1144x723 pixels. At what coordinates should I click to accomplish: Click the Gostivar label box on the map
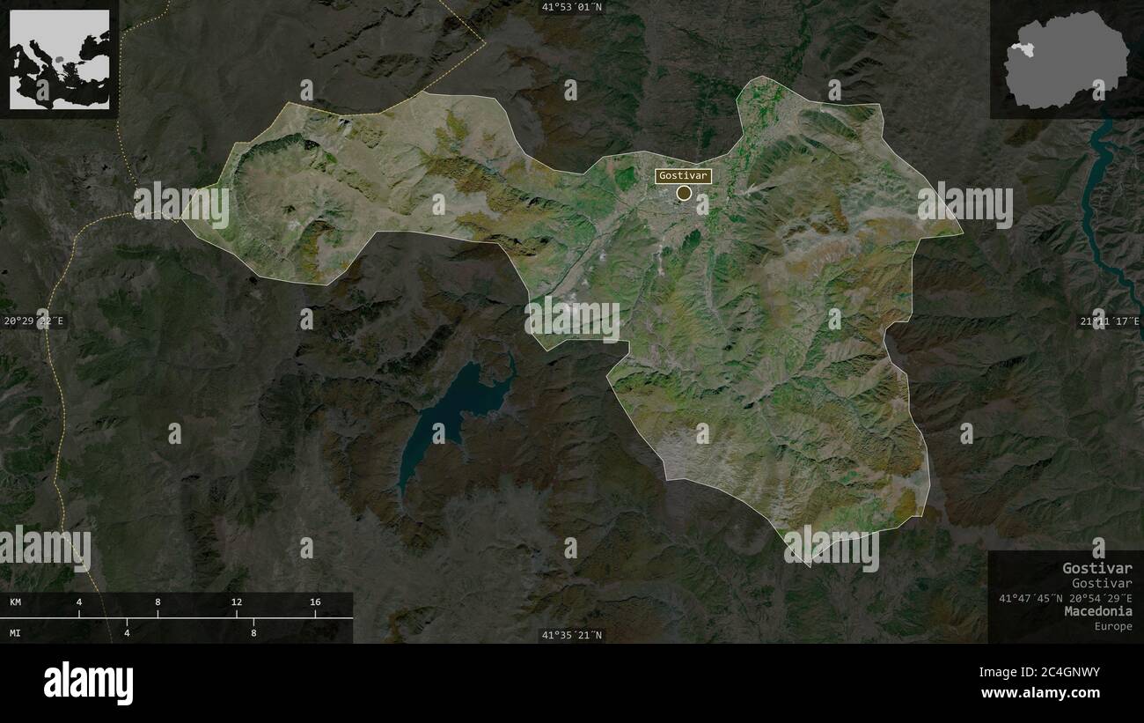click(x=683, y=175)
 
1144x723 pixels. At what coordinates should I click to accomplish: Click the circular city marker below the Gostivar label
click(x=684, y=193)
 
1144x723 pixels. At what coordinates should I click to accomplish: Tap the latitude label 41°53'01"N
click(x=572, y=7)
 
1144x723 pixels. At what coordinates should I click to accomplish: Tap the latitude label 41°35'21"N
click(x=572, y=635)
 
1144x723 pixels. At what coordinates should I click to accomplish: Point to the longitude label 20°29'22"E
click(x=33, y=321)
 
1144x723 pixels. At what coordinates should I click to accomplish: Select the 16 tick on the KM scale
click(x=315, y=602)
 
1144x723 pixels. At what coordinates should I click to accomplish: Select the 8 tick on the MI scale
click(x=253, y=632)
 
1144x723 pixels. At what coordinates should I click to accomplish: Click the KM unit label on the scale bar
click(x=16, y=602)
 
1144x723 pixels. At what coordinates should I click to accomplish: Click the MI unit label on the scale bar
click(x=16, y=632)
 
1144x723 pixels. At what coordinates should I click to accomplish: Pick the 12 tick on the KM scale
click(x=236, y=602)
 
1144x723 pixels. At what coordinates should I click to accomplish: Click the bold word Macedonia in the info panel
click(x=1097, y=611)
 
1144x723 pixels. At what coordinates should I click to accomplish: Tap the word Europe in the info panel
click(x=1113, y=626)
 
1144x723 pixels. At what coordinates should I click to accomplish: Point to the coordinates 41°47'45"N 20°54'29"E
click(x=1065, y=598)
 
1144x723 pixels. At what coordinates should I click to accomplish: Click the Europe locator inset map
click(x=60, y=59)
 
